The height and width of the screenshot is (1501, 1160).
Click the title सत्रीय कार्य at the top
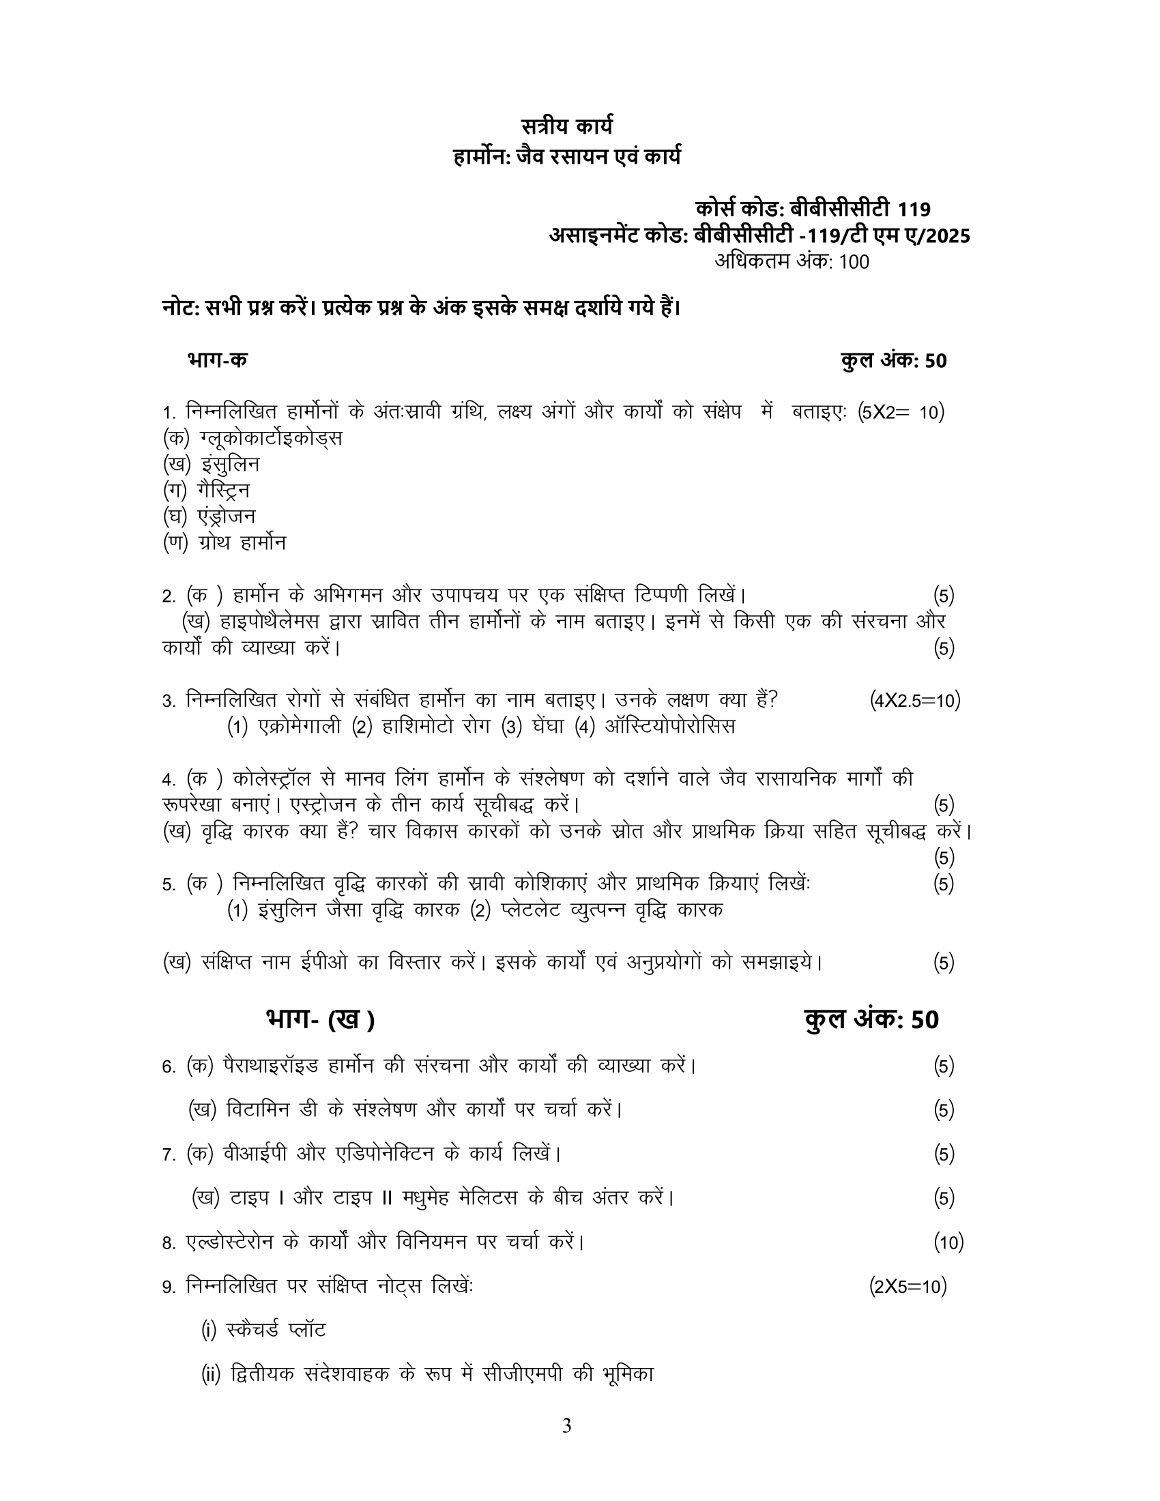click(x=566, y=127)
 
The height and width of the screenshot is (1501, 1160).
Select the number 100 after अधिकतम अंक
click(x=854, y=262)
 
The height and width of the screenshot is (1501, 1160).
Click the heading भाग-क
click(x=217, y=360)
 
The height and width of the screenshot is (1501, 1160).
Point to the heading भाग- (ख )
click(x=320, y=1019)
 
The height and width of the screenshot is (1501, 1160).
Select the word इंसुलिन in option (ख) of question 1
click(x=230, y=465)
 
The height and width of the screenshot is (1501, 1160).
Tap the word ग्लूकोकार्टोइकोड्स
click(x=270, y=439)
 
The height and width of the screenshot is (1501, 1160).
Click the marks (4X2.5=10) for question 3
click(x=914, y=700)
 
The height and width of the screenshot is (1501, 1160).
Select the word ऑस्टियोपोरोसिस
click(x=669, y=727)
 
